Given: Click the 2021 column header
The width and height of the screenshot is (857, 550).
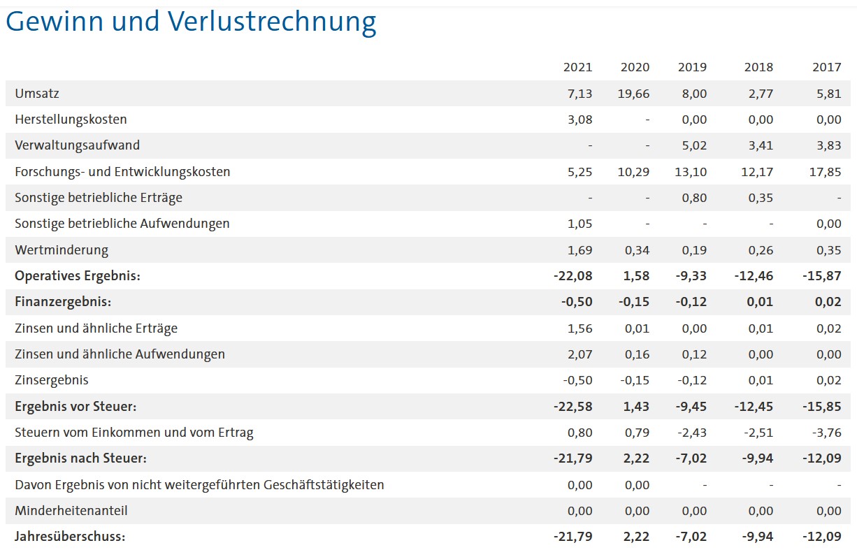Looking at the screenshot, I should (577, 67).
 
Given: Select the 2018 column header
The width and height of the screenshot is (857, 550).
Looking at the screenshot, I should (759, 67).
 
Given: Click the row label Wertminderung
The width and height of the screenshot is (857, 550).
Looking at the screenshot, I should (62, 250).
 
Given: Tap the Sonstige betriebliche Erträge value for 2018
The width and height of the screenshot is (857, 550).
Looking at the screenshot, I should (761, 198).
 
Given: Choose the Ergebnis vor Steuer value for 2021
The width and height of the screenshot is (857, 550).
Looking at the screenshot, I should (573, 407).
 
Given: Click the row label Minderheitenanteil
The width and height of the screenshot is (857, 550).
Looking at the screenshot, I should (71, 511).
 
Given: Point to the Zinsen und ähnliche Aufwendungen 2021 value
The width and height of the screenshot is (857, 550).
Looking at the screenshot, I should (580, 354).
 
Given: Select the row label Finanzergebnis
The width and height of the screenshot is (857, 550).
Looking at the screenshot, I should (63, 303).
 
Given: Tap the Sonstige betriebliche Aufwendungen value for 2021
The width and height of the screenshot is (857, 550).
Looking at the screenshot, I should (580, 224).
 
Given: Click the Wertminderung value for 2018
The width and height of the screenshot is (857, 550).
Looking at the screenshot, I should (761, 250).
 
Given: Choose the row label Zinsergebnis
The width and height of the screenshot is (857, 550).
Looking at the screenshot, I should (52, 380).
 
